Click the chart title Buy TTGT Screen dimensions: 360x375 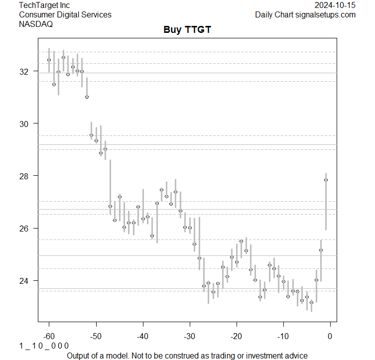point(187,30)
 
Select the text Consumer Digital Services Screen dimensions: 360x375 point(65,14)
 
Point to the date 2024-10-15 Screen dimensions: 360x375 point(335,5)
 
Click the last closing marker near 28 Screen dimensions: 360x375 point(326,180)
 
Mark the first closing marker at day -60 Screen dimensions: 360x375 point(49,60)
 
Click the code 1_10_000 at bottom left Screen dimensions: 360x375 point(44,346)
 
